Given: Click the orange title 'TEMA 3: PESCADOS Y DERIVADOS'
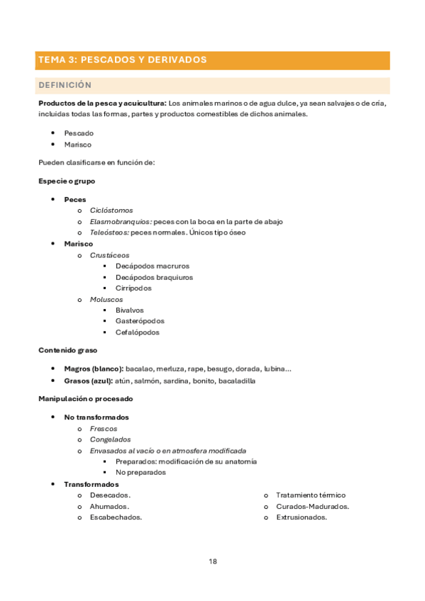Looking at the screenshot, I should (123, 60).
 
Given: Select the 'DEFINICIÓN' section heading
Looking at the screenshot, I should (65, 85).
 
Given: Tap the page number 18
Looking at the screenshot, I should (213, 561).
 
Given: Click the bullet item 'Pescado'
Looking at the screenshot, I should (79, 133).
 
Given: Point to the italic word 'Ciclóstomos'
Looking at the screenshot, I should (111, 210).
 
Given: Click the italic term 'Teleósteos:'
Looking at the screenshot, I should (110, 232).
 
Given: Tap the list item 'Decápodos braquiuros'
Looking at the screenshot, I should (154, 277).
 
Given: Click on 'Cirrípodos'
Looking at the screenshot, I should (133, 288).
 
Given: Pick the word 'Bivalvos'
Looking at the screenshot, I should (130, 310).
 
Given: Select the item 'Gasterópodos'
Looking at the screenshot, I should (140, 321).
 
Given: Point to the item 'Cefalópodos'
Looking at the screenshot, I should (138, 332).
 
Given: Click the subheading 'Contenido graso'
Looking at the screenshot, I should (68, 350).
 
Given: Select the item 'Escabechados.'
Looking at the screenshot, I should (116, 517).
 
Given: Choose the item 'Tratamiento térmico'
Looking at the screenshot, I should (311, 495).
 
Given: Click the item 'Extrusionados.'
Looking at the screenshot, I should (302, 517).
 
